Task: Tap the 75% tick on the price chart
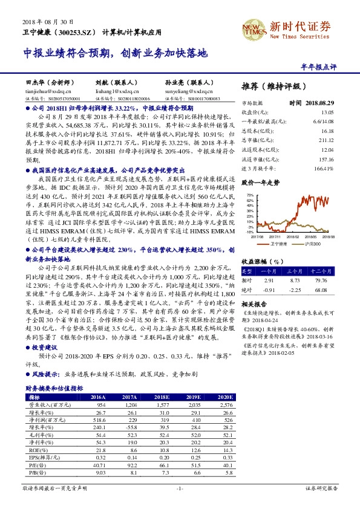coord(250,196)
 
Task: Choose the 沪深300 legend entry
coord(312,243)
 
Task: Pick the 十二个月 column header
coord(320,270)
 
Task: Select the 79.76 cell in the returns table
coord(320,280)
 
